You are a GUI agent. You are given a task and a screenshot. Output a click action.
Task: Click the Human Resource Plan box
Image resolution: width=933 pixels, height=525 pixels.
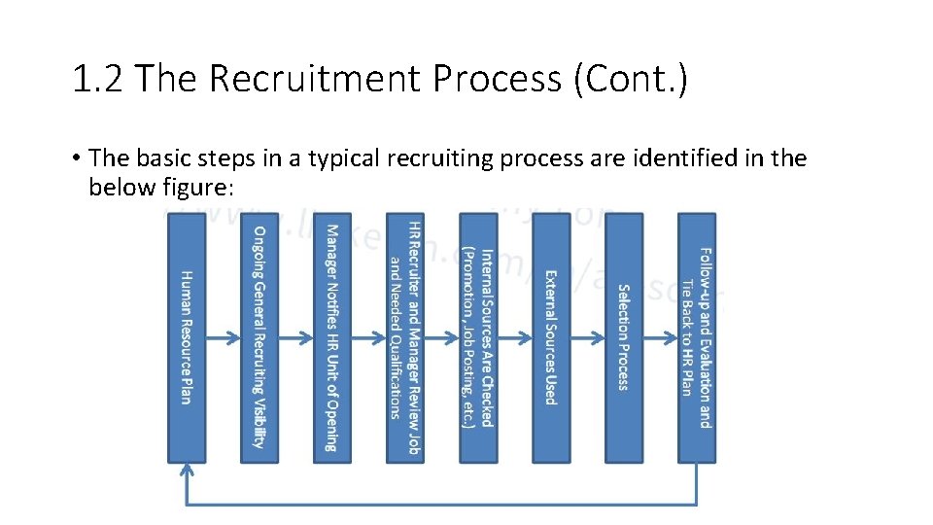click(x=187, y=337)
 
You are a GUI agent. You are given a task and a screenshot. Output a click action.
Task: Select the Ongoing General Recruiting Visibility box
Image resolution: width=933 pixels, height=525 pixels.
click(x=259, y=337)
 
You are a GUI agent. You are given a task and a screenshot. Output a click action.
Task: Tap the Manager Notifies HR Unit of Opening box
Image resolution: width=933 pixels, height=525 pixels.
click(x=332, y=337)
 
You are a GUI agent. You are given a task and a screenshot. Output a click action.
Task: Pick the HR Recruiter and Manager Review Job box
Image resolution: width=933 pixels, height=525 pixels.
click(x=404, y=337)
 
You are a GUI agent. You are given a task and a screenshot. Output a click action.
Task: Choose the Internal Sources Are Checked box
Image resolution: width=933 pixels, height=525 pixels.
click(x=477, y=337)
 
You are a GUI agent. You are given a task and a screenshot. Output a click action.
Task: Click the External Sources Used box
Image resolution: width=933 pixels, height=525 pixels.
click(x=550, y=337)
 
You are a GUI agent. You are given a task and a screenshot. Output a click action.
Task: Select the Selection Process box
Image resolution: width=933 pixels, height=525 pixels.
click(x=623, y=337)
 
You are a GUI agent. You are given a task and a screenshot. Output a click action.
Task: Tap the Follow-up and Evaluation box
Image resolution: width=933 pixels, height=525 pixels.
click(x=696, y=337)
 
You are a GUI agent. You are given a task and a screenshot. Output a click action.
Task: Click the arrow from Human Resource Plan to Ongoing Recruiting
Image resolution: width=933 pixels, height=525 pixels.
click(x=224, y=338)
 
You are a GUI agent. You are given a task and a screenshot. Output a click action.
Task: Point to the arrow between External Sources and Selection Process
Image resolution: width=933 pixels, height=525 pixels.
click(x=587, y=338)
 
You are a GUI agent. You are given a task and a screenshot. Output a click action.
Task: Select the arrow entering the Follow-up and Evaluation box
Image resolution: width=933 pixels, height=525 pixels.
click(x=660, y=338)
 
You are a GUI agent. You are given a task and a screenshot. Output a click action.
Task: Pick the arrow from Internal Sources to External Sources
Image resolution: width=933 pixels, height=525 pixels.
click(x=514, y=338)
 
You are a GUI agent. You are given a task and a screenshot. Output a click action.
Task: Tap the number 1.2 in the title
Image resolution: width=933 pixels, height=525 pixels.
click(x=98, y=79)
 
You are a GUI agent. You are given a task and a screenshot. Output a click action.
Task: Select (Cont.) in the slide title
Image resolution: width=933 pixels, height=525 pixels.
click(x=631, y=79)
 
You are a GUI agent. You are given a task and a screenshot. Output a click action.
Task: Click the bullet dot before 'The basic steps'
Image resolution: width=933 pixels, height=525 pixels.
click(x=75, y=158)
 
